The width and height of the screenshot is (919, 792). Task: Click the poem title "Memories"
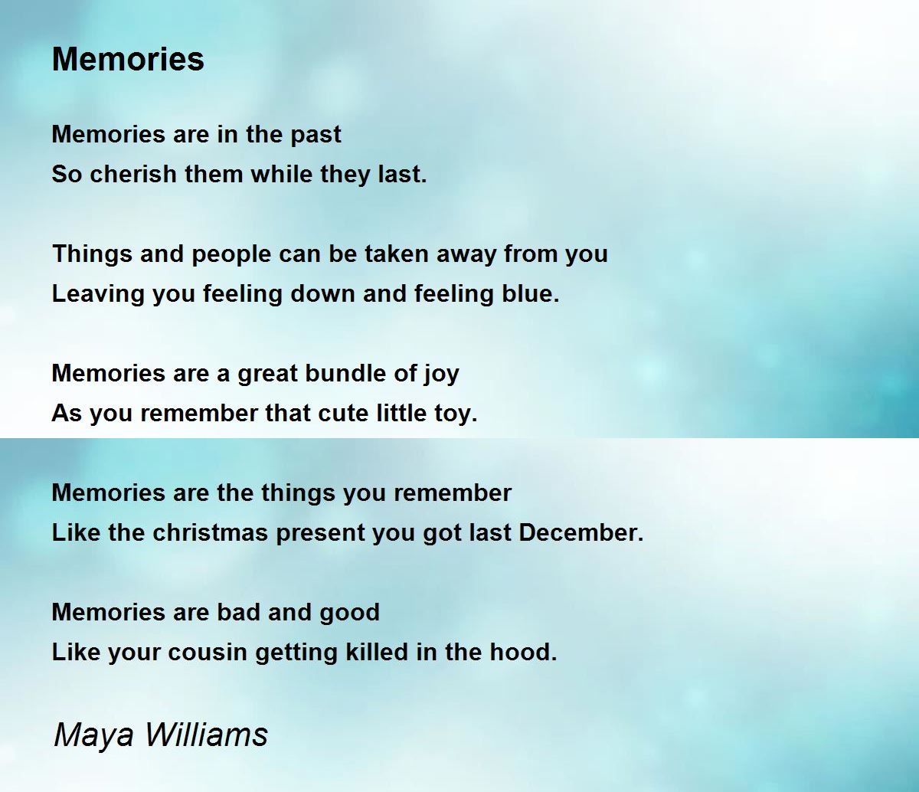tap(128, 59)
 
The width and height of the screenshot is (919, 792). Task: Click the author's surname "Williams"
tap(204, 735)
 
